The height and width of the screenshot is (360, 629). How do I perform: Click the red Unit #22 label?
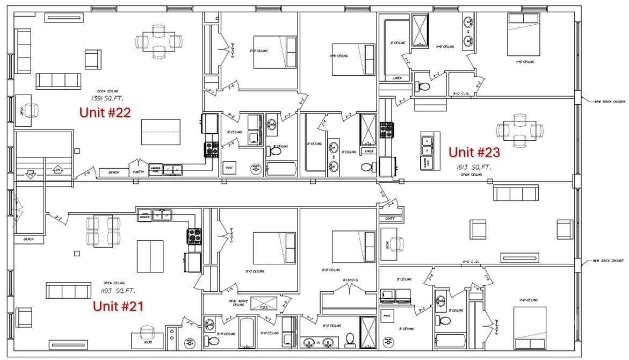[105, 112]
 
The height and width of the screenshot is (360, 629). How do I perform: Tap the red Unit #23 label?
[474, 153]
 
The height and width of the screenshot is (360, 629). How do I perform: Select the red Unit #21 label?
[118, 306]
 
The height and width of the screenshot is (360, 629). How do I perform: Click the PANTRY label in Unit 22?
[138, 172]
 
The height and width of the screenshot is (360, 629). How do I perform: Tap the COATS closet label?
[389, 218]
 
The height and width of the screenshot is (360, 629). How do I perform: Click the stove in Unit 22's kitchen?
[211, 149]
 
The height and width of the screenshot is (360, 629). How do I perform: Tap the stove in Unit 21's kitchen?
[194, 235]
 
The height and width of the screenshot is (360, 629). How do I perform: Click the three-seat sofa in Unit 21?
[68, 291]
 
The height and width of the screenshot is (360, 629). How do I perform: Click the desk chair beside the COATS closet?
[397, 243]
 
